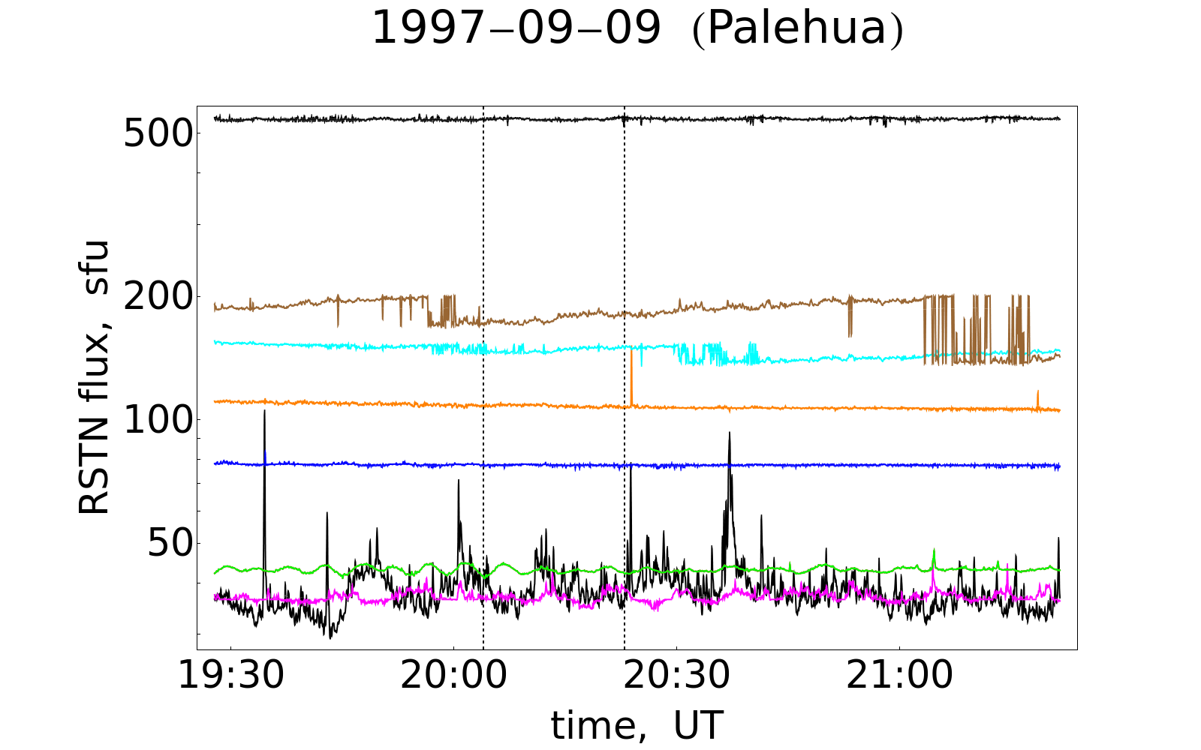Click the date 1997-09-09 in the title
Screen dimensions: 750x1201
click(x=516, y=30)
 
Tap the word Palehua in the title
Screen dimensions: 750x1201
click(x=797, y=30)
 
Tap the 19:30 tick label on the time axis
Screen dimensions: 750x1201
click(x=230, y=676)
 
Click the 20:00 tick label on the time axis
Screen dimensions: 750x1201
click(x=453, y=676)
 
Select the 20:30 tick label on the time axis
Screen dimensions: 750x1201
click(x=676, y=676)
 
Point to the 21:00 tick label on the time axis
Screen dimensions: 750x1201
click(x=899, y=676)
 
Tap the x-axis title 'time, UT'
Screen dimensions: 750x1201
click(x=637, y=725)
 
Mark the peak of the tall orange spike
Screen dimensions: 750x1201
click(x=631, y=351)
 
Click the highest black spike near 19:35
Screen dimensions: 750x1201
click(x=264, y=412)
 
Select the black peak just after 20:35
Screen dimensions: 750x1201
click(x=729, y=433)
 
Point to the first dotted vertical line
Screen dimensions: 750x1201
click(x=483, y=375)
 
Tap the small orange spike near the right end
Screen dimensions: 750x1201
click(x=1038, y=391)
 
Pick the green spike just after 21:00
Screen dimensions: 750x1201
click(x=934, y=550)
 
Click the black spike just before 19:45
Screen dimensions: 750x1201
click(x=327, y=513)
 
